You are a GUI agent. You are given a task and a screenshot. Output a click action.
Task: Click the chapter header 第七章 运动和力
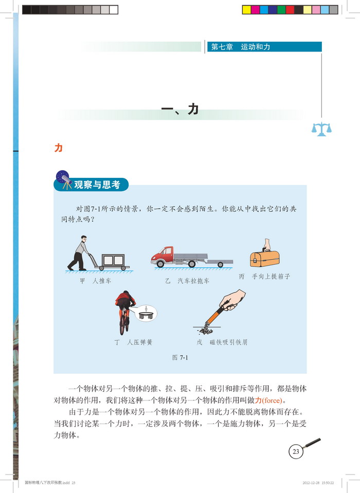[x=241, y=47]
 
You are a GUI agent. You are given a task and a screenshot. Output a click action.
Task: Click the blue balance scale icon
[x=321, y=129]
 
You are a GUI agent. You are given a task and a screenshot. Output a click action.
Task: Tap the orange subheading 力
[x=59, y=148]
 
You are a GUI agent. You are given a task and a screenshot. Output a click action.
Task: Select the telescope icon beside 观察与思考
[x=65, y=180]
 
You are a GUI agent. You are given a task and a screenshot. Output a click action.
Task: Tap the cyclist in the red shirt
[x=125, y=311]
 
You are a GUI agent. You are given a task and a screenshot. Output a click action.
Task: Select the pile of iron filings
[x=206, y=330]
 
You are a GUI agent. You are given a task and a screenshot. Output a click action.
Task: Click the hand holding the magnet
[x=233, y=300]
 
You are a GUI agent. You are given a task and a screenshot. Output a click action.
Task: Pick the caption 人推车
[x=101, y=281]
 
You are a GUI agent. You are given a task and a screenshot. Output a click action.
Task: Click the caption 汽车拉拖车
[x=193, y=281]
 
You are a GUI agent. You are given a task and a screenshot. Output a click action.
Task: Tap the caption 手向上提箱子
[x=271, y=277]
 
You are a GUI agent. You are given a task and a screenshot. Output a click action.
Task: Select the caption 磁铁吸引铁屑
[x=228, y=342]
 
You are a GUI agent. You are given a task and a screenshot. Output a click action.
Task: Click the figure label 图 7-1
[x=180, y=357]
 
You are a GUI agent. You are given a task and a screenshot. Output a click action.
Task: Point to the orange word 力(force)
[x=268, y=400]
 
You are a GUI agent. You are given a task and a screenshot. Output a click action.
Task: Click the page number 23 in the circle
[x=296, y=451]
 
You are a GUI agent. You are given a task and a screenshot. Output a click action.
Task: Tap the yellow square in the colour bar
[x=247, y=10]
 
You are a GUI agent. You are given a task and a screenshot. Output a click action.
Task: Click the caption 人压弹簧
[x=139, y=342]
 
